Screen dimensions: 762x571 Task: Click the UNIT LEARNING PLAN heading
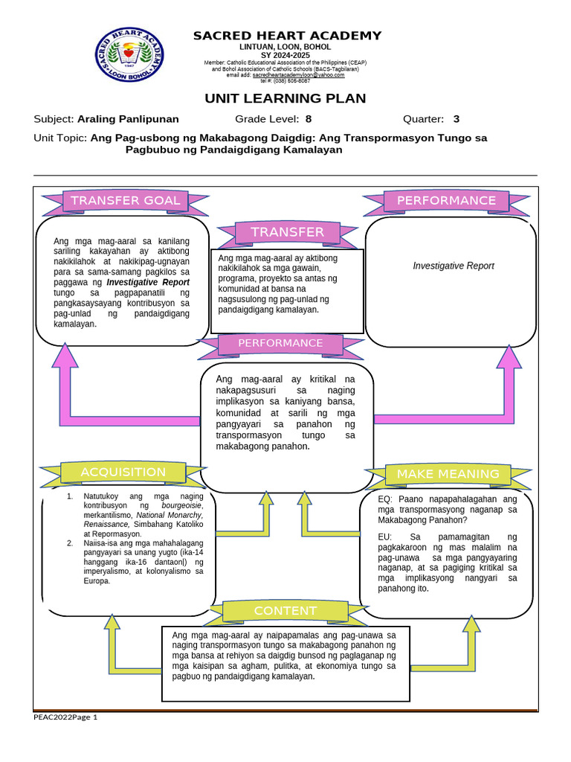[x=285, y=99]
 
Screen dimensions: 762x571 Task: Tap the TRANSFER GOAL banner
[x=125, y=200]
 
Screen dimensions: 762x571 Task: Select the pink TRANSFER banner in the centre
[x=287, y=232]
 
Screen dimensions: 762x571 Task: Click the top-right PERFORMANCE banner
[x=446, y=200]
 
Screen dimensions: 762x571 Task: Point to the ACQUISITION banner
[x=123, y=472]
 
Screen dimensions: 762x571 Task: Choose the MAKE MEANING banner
[x=448, y=474]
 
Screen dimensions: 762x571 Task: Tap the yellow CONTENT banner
[x=285, y=611]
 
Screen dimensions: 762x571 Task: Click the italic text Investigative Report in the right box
[x=454, y=266]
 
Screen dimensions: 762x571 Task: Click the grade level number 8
[x=309, y=119]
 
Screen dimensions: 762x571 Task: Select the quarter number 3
[x=456, y=119]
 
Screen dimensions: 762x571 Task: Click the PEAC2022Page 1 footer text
[x=65, y=717]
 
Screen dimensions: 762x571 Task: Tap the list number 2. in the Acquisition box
[x=69, y=543]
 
